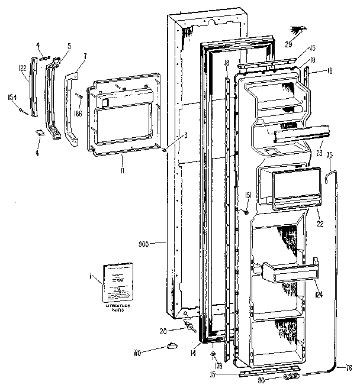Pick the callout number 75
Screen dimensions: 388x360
pyautogui.click(x=330, y=156)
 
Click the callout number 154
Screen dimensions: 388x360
pyautogui.click(x=11, y=96)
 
